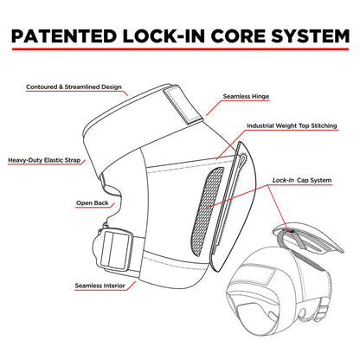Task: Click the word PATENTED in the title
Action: click(x=64, y=36)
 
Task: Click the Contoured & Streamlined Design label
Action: click(x=74, y=87)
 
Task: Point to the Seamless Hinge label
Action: click(x=246, y=96)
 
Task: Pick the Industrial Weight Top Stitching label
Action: click(x=292, y=125)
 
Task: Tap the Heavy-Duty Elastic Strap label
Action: click(x=44, y=160)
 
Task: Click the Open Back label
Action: click(x=93, y=202)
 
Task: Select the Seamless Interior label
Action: click(x=100, y=286)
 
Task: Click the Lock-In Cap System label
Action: click(x=302, y=180)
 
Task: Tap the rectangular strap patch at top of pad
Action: click(x=183, y=106)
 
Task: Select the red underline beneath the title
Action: click(x=180, y=49)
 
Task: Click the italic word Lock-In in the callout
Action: click(x=283, y=180)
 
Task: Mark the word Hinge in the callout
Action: click(x=260, y=97)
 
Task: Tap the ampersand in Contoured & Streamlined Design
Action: click(x=61, y=87)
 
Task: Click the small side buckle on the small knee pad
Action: click(x=323, y=312)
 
